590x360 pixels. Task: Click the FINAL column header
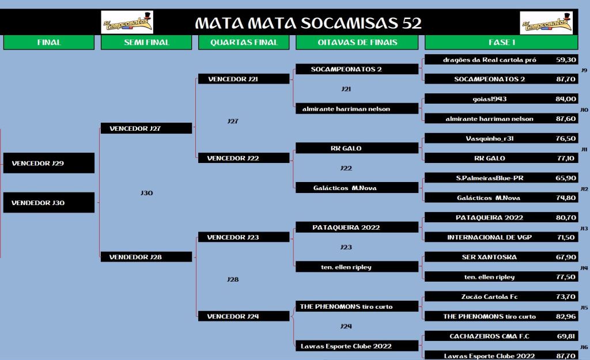(x=48, y=43)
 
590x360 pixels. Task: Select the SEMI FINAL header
(x=146, y=43)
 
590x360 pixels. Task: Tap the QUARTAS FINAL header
(x=244, y=43)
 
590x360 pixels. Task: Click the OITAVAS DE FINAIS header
(x=357, y=43)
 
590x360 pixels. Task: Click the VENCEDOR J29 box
(x=48, y=164)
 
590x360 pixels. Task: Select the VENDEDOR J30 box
(x=48, y=203)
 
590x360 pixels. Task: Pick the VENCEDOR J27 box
(x=146, y=128)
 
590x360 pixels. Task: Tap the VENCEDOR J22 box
(x=244, y=158)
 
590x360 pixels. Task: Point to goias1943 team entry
(x=489, y=99)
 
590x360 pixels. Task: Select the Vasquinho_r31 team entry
(x=489, y=138)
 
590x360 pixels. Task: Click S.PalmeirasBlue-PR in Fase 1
(x=489, y=178)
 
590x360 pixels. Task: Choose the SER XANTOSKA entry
(x=489, y=257)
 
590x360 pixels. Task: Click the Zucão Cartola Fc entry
(x=489, y=297)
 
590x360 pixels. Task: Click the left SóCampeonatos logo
(x=127, y=22)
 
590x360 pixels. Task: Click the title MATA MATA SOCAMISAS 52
(x=308, y=23)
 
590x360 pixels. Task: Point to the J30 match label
(x=146, y=194)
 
